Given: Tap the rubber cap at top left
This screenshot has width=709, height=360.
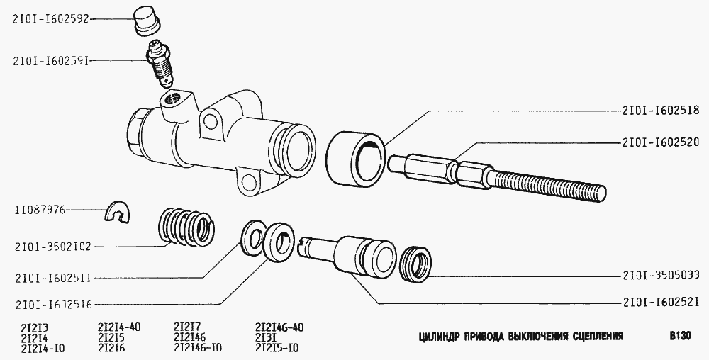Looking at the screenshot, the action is [x=147, y=22].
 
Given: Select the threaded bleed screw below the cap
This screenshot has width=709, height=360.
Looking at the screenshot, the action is [x=160, y=62].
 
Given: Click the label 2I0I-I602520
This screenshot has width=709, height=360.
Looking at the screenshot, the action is [x=661, y=142].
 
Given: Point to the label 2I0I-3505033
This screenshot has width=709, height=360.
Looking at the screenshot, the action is [x=661, y=275].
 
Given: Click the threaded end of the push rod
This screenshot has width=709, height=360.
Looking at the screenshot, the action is [x=549, y=185].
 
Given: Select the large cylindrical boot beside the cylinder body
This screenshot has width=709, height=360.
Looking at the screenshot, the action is [x=355, y=158].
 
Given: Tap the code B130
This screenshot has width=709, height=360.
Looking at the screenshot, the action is [x=680, y=336].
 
